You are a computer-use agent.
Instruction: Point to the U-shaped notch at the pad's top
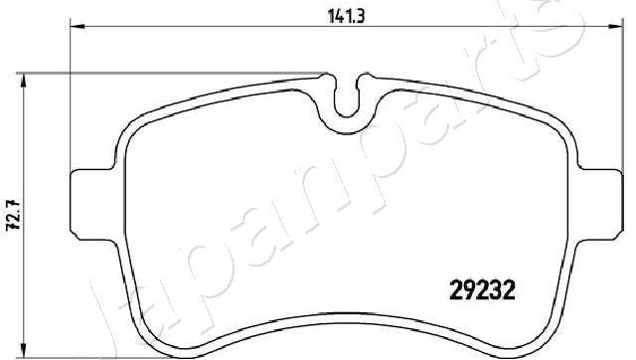tap(347, 99)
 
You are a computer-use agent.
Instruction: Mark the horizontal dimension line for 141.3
tap(199, 24)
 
